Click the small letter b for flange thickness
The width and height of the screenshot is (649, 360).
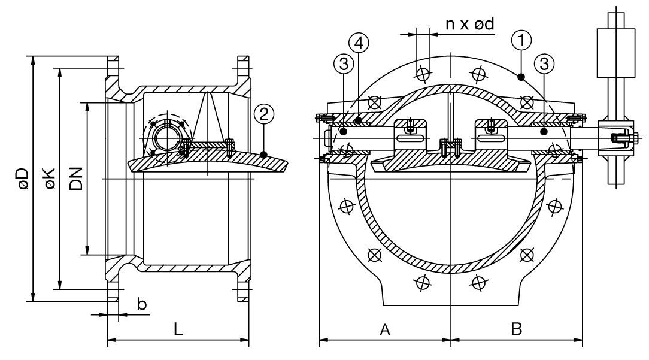[142, 304]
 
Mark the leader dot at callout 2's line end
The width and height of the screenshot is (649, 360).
[265, 155]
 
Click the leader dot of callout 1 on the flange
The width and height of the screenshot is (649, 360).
[521, 76]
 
